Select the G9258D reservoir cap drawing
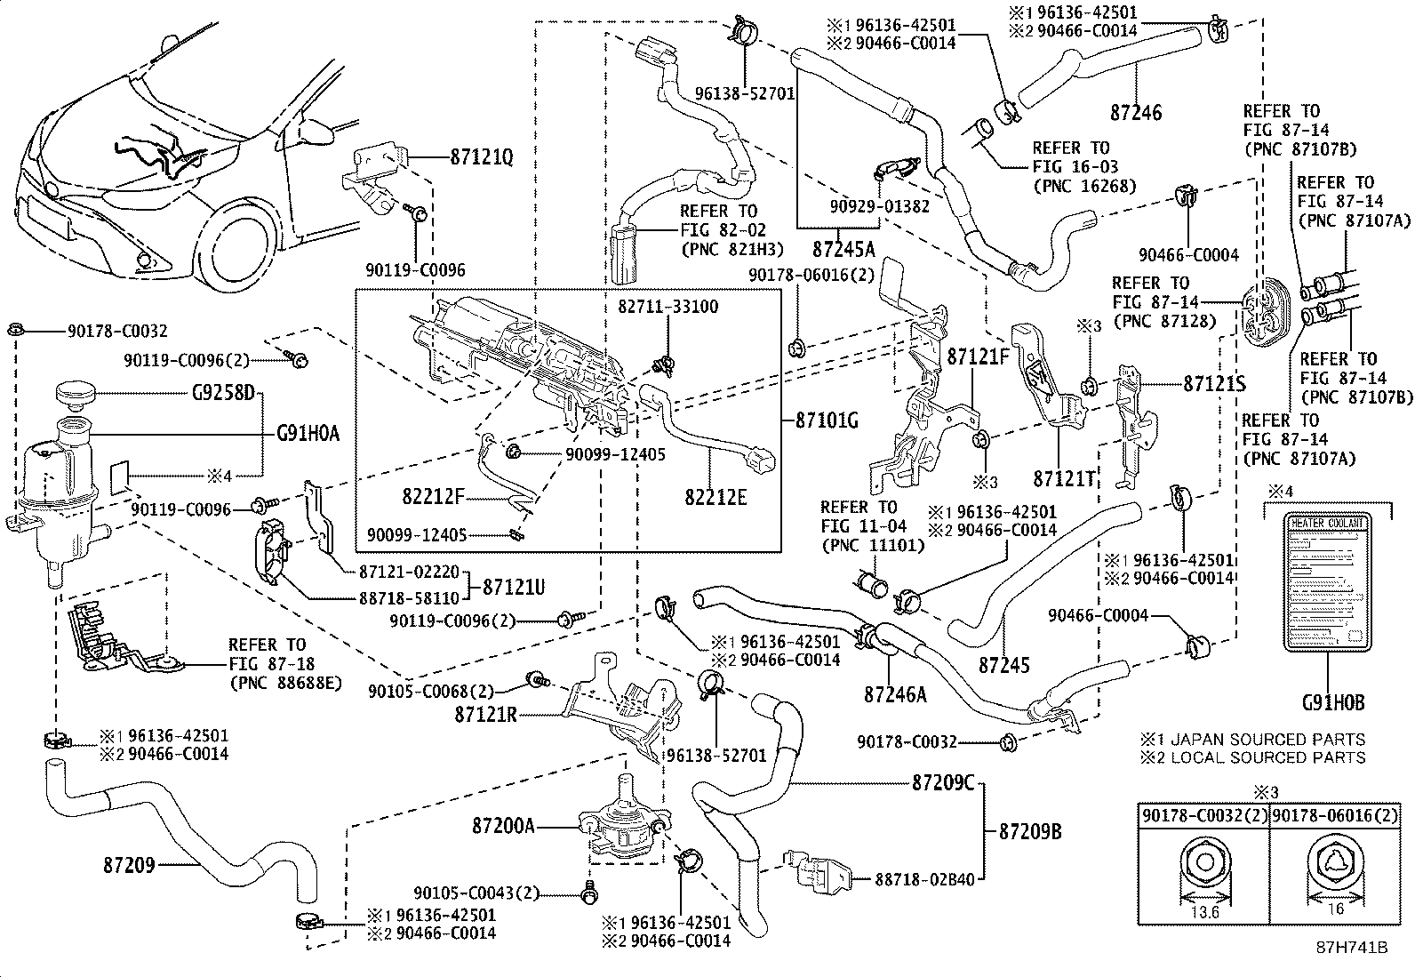pos(82,393)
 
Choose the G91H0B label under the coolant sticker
pos(1332,703)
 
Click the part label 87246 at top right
pos(1136,113)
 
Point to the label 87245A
pos(843,247)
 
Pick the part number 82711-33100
pos(668,307)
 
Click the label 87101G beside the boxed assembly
pos(827,420)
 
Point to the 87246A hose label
pos(895,694)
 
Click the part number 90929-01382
pos(880,206)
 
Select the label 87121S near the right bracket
pos(1214,384)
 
